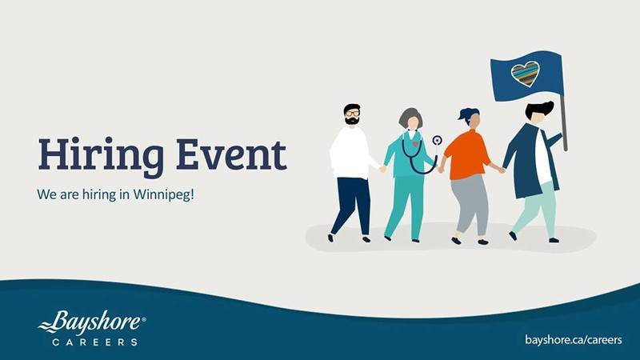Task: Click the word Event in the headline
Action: tap(231, 154)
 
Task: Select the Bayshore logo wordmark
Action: tap(91, 322)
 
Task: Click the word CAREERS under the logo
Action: tap(94, 342)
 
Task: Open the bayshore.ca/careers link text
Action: tap(574, 339)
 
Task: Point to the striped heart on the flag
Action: tap(526, 74)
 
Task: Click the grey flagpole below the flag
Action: tap(564, 122)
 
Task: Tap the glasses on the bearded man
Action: tap(352, 113)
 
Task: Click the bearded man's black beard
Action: tap(352, 121)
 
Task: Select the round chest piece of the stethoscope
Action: tap(437, 141)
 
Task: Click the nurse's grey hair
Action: tap(408, 116)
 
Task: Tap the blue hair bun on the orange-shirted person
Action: tap(467, 113)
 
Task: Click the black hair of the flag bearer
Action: tap(538, 110)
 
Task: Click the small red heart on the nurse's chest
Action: tap(416, 144)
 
